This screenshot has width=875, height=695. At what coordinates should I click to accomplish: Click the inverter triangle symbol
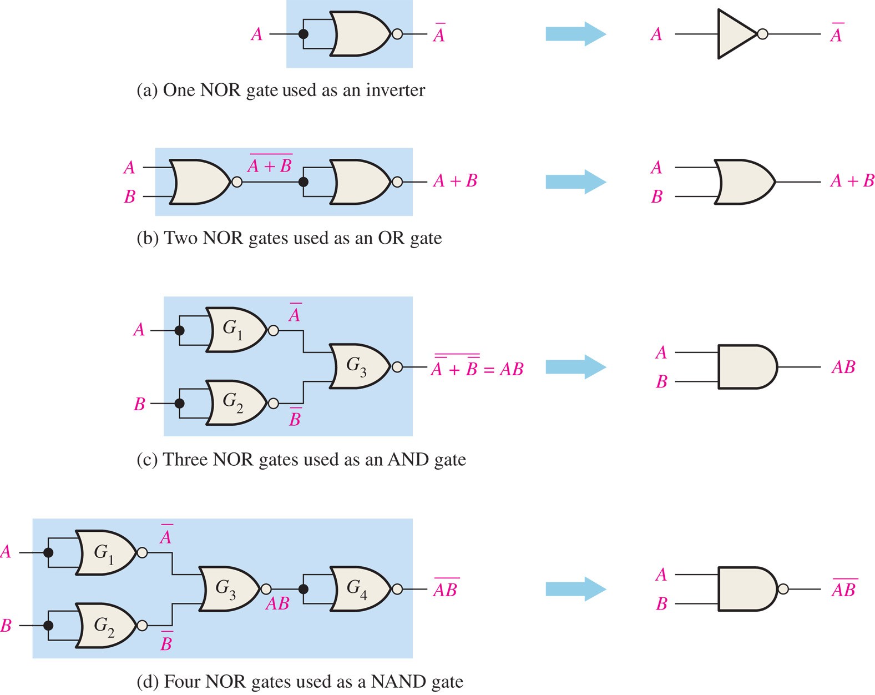(735, 34)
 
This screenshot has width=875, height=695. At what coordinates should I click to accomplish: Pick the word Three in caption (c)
(185, 460)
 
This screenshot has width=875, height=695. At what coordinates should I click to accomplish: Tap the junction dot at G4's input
(304, 589)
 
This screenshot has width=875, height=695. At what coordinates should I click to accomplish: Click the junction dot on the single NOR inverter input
(304, 34)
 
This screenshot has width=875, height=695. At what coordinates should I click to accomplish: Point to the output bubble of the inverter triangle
(763, 34)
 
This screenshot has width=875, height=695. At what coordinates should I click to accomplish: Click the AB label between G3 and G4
(277, 603)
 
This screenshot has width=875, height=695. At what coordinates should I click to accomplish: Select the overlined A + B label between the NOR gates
(270, 164)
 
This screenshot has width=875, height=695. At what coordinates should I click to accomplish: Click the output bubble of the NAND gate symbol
(783, 589)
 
